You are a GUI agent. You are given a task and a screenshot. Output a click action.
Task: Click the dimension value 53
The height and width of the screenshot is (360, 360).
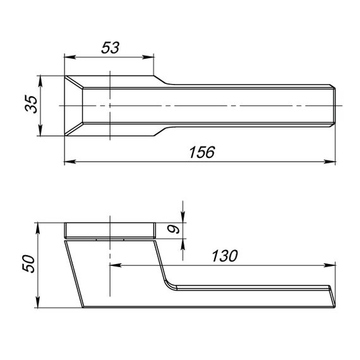(111, 47)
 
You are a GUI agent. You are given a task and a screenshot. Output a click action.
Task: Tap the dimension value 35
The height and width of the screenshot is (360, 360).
(31, 104)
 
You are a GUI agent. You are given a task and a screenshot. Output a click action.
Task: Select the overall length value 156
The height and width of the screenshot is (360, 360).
(202, 152)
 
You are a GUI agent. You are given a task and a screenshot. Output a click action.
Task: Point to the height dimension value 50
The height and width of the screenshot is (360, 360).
(28, 263)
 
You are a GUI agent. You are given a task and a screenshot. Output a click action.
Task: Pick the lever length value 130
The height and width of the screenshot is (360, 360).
(225, 256)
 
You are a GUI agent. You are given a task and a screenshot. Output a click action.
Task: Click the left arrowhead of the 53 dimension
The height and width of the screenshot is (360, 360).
(70, 57)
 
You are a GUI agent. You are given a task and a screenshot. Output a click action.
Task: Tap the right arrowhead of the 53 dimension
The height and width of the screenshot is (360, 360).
(148, 57)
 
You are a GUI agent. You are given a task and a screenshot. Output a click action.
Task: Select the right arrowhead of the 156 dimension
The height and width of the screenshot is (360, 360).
(330, 162)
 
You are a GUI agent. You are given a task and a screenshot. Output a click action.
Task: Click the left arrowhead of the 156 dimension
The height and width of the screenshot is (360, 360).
(70, 162)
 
